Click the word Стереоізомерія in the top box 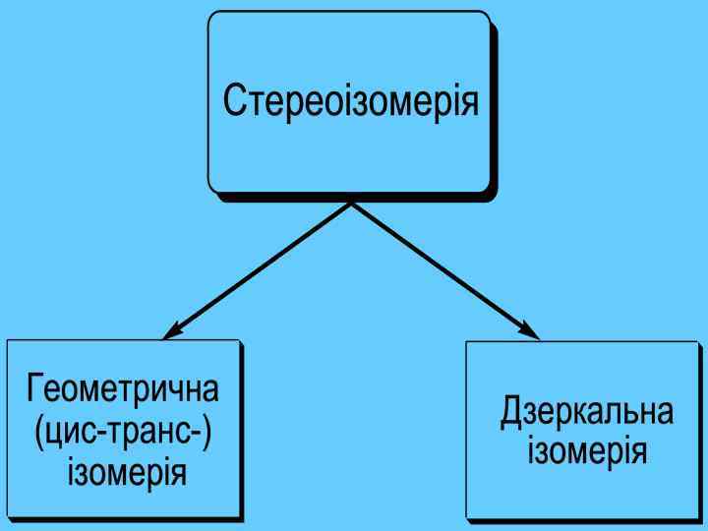[x=351, y=101]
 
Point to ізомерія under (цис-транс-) [x=125, y=474]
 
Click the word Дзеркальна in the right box [x=587, y=411]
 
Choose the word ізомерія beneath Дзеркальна [x=587, y=452]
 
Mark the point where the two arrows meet [x=351, y=204]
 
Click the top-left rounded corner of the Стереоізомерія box [x=212, y=16]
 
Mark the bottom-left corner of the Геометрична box [x=9, y=514]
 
